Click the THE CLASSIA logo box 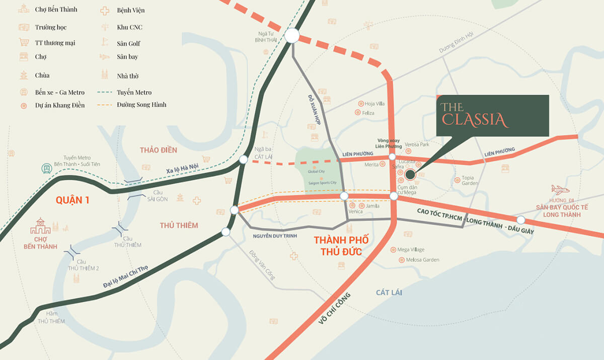click(x=492, y=115)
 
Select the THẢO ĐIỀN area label click(x=159, y=150)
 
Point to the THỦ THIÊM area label click(x=179, y=225)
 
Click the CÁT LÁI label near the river click(x=389, y=293)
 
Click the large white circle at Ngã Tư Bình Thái click(x=292, y=36)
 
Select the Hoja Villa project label click(x=374, y=104)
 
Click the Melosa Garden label click(x=422, y=260)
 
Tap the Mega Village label click(x=411, y=249)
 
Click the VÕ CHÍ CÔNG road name click(x=334, y=308)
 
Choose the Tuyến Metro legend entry click(x=134, y=92)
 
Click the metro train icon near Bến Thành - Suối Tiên click(x=48, y=169)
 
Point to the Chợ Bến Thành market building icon click(x=40, y=227)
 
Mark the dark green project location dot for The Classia click(x=410, y=175)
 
